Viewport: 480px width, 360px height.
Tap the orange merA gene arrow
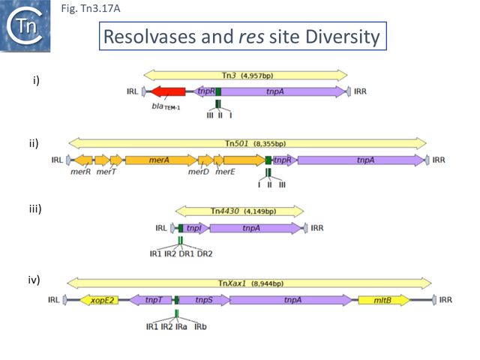157,160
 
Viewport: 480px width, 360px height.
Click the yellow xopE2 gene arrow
104,300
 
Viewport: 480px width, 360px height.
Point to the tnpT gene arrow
151,300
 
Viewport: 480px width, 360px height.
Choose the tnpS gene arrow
202,300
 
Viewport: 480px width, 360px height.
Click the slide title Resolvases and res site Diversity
241,37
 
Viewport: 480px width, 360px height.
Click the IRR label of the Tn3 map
360,91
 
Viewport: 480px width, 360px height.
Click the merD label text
198,172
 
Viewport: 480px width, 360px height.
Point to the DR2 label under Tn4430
205,253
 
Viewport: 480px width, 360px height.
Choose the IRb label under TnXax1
200,326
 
